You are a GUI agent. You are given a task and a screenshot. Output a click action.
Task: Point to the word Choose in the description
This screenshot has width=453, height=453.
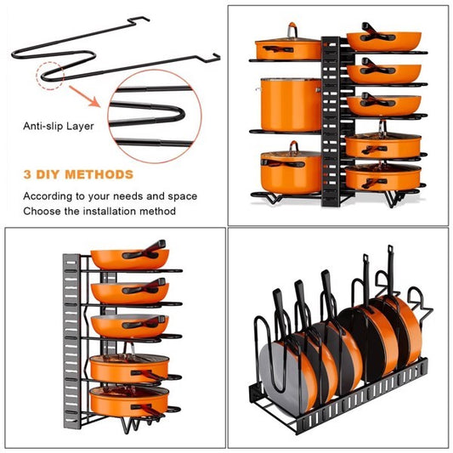pyautogui.click(x=41, y=211)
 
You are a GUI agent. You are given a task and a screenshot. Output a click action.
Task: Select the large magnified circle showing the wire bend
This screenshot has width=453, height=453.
pyautogui.click(x=161, y=116)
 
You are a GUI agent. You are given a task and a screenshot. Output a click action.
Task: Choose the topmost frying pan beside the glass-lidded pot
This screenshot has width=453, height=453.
pyautogui.click(x=382, y=39)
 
